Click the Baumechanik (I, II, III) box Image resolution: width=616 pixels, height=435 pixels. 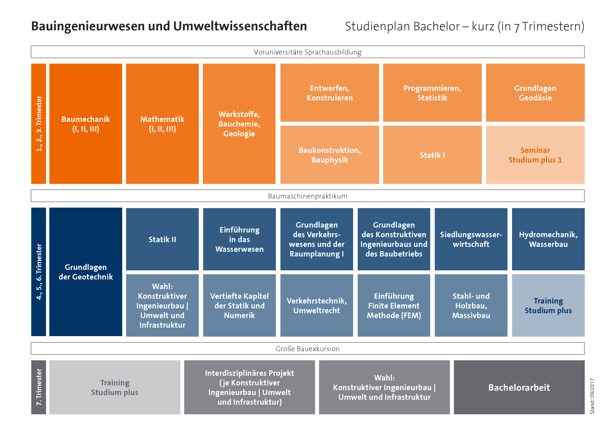(86, 124)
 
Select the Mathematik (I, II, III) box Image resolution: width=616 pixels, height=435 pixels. (162, 124)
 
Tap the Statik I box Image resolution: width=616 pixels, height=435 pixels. (432, 155)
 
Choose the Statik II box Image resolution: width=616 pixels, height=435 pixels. (162, 239)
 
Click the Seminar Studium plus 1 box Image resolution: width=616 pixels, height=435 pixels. (535, 155)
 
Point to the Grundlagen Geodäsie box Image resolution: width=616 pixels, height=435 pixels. (535, 93)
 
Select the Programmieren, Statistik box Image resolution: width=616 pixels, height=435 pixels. (432, 93)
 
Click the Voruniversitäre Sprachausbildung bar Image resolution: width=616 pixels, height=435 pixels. (307, 52)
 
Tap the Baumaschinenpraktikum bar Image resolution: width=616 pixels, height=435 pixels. (307, 196)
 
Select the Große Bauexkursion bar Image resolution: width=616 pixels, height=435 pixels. (307, 349)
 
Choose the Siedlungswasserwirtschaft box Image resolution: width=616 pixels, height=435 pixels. (471, 239)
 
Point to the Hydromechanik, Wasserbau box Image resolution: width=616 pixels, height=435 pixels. (548, 239)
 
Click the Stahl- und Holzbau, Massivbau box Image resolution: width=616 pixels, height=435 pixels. (471, 305)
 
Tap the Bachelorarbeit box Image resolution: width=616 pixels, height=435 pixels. (519, 387)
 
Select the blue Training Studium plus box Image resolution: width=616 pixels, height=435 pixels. (548, 305)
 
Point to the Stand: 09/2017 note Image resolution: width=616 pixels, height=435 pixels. (592, 396)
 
